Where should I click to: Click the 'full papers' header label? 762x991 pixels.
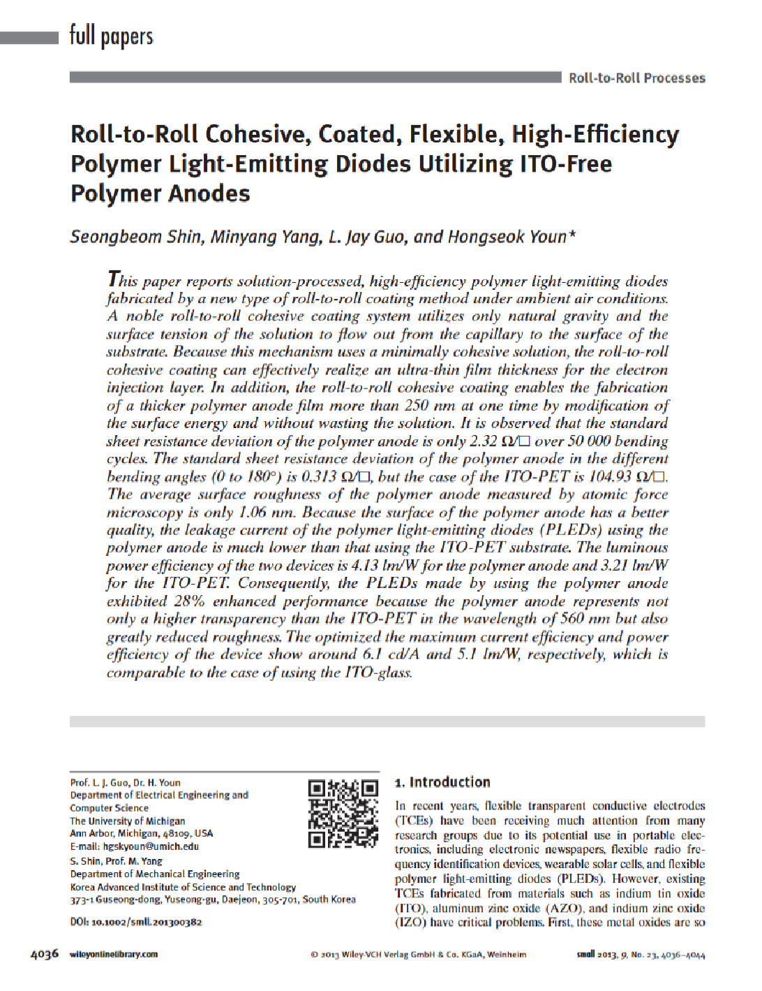pyautogui.click(x=111, y=36)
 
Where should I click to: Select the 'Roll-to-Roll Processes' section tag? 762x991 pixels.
pyautogui.click(x=636, y=78)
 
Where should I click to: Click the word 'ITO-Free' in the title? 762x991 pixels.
pyautogui.click(x=566, y=164)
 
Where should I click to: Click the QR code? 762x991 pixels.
pyautogui.click(x=343, y=813)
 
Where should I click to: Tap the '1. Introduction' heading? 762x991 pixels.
pyautogui.click(x=442, y=782)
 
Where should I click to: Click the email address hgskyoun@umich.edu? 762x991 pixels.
pyautogui.click(x=151, y=846)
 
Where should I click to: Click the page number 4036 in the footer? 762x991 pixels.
pyautogui.click(x=45, y=954)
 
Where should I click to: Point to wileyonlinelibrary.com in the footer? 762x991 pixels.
pyautogui.click(x=114, y=955)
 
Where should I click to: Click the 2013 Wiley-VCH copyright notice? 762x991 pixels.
pyautogui.click(x=419, y=955)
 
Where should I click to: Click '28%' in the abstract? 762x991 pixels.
pyautogui.click(x=188, y=601)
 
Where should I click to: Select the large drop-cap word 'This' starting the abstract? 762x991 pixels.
pyautogui.click(x=123, y=280)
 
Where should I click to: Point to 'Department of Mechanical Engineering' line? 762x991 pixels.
pyautogui.click(x=154, y=874)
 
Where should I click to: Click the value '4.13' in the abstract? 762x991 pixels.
pyautogui.click(x=365, y=566)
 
